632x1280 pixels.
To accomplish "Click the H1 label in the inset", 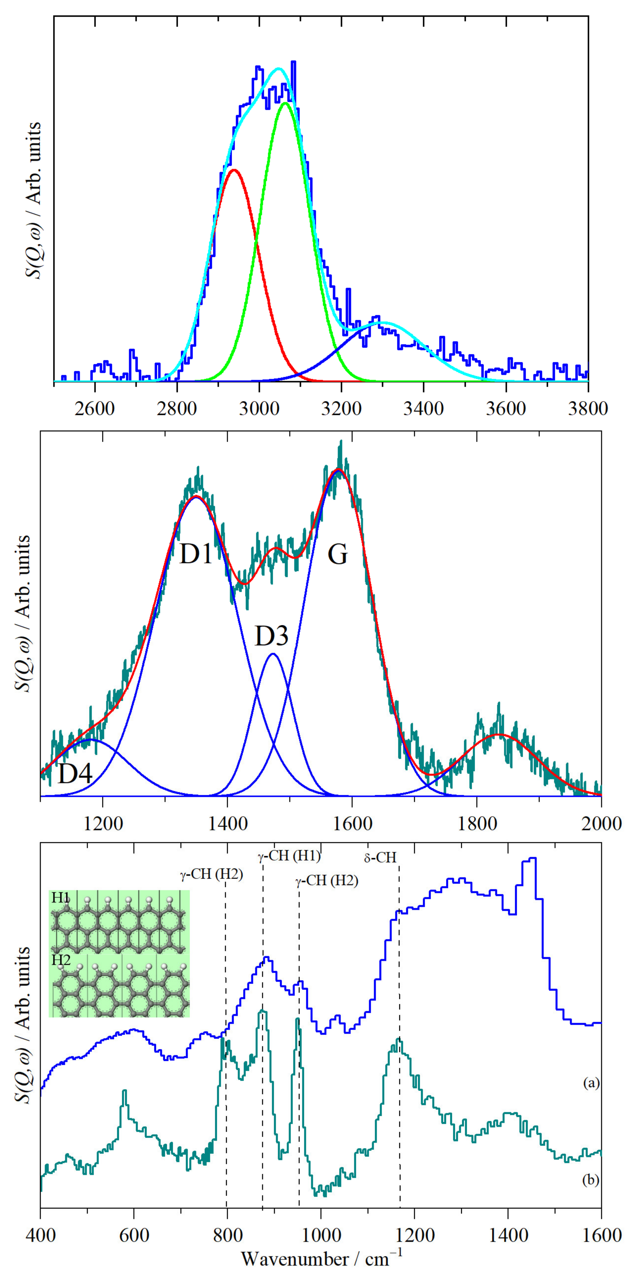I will pyautogui.click(x=60, y=898).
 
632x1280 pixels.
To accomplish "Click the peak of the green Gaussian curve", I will pyautogui.click(x=285, y=103).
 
